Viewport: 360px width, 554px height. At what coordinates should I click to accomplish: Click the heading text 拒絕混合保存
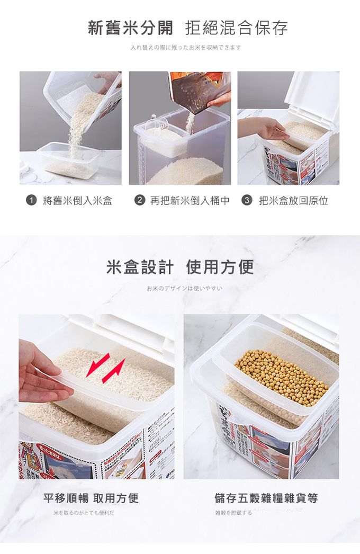[237, 28]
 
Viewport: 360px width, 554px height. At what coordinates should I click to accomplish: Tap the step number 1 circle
[31, 201]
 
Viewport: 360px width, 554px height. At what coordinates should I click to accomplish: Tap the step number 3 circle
[246, 201]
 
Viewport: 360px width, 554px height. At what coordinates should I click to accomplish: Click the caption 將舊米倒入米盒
[77, 201]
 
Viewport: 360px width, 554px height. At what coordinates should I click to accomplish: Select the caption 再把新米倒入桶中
[190, 201]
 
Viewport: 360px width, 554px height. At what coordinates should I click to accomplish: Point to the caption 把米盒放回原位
[293, 201]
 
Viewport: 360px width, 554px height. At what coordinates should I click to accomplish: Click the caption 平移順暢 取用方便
[91, 498]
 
